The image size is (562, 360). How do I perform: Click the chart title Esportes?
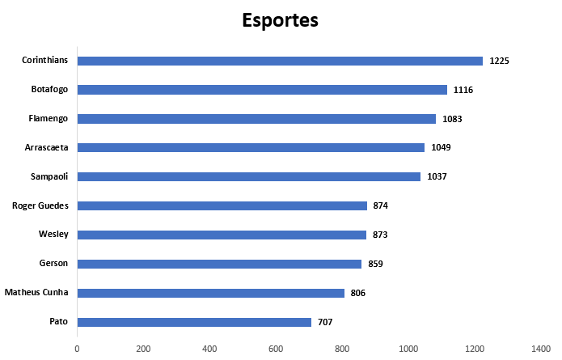[280, 20]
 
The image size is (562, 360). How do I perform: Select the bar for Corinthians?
[280, 61]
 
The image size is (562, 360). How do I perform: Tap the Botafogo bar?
[262, 90]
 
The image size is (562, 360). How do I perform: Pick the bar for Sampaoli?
[248, 176]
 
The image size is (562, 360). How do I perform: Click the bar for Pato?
[194, 322]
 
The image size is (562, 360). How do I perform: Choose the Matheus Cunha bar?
[210, 293]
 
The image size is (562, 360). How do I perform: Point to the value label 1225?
[499, 61]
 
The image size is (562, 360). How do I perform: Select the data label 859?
[375, 264]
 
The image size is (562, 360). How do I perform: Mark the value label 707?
[324, 322]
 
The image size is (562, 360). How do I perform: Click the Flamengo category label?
[49, 119]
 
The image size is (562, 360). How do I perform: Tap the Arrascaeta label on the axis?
[47, 147]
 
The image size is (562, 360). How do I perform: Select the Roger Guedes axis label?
[40, 205]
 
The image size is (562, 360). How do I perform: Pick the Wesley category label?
[53, 235]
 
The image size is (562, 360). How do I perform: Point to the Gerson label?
[53, 264]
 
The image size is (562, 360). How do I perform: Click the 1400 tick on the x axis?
[540, 349]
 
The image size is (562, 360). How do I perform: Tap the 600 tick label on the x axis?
[276, 349]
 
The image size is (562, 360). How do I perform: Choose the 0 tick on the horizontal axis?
[77, 349]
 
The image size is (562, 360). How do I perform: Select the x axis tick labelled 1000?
[408, 349]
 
